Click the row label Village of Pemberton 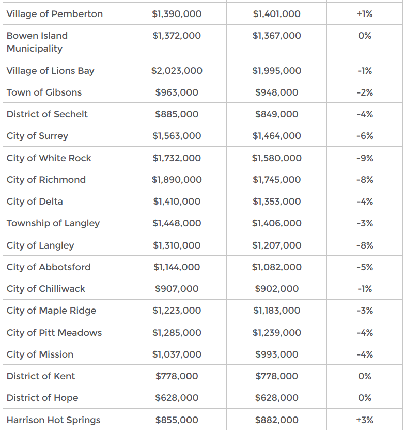(55, 14)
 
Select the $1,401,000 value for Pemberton (276, 14)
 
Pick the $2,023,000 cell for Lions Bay (177, 71)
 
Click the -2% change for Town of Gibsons (365, 92)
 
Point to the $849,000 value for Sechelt (276, 114)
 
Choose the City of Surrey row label (37, 136)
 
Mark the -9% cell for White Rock (365, 158)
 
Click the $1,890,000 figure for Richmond (177, 180)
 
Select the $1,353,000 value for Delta (276, 202)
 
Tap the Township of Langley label (53, 223)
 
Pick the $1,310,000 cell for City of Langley (177, 245)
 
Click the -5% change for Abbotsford (365, 267)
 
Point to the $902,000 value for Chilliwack (276, 289)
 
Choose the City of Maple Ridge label (51, 311)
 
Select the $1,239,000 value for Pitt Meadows (276, 333)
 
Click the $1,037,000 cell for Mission (177, 354)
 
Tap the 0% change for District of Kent (365, 376)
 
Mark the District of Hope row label (42, 398)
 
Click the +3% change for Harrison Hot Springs (365, 420)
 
